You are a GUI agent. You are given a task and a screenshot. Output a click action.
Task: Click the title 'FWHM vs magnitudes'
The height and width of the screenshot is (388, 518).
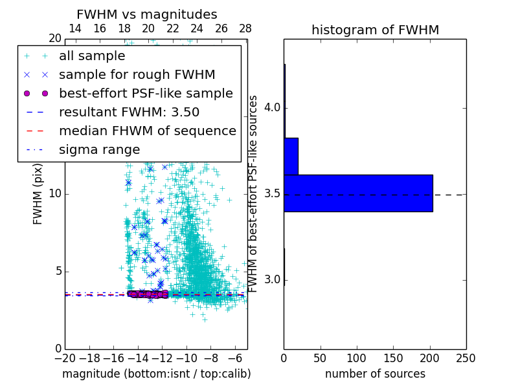coord(147,15)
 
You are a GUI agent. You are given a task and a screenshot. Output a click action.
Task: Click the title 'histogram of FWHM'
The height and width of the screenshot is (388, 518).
coord(375,30)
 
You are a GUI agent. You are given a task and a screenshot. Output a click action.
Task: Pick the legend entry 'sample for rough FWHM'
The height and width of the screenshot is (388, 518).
coord(137,74)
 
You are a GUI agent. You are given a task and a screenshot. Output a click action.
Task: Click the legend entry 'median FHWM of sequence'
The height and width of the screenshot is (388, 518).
coord(147,131)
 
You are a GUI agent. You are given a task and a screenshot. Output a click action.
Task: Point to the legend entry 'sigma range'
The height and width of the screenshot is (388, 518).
coord(99,149)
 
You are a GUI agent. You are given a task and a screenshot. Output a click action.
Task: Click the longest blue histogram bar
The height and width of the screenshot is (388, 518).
coord(358,193)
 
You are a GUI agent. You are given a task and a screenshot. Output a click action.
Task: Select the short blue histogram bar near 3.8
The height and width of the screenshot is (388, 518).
coord(291,156)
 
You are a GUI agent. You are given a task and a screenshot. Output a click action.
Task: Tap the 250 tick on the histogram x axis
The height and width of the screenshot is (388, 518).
coord(466,358)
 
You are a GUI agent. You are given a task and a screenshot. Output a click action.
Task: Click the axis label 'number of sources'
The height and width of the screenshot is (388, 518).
coord(375,374)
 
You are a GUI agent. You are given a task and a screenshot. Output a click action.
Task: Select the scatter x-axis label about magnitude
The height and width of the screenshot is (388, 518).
coord(156,374)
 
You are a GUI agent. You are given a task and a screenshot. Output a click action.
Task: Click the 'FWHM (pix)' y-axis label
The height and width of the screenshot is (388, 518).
coord(38,193)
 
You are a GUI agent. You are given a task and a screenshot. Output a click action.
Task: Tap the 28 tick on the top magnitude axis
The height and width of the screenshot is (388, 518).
coord(245,28)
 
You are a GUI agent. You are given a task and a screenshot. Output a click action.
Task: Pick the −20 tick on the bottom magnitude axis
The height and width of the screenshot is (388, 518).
coord(65,358)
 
